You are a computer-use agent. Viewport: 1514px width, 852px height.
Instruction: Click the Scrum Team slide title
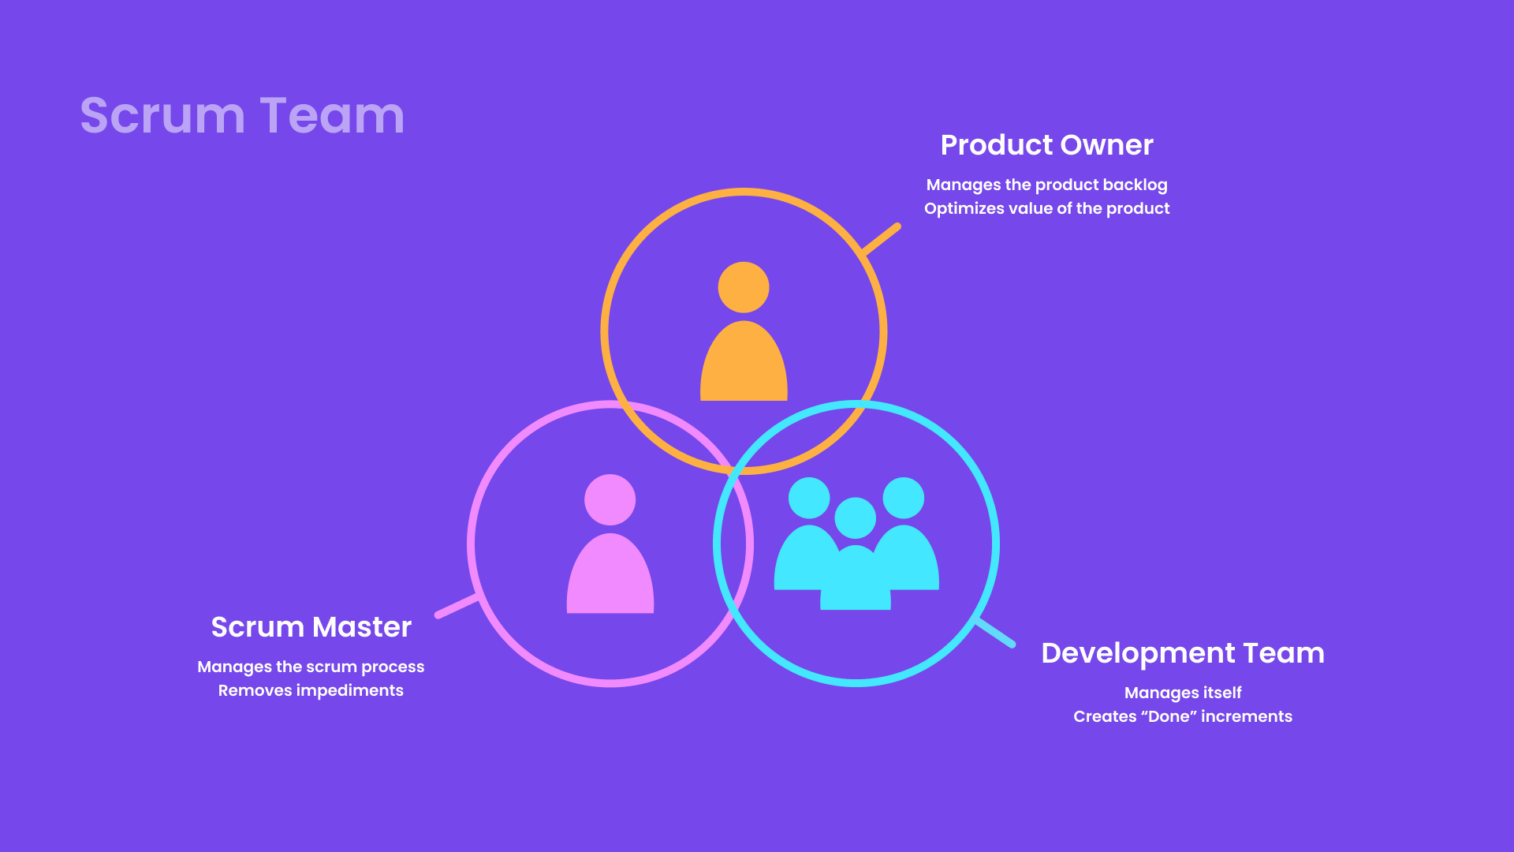pos(242,115)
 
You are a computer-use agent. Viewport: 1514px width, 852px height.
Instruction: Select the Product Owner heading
pos(1047,145)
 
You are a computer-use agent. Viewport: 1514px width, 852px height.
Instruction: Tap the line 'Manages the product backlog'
pos(1047,185)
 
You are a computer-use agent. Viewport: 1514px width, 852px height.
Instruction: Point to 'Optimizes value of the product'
pos(1047,209)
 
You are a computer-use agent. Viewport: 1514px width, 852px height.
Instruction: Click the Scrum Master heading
pos(311,627)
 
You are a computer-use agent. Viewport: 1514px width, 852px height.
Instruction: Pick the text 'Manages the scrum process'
pos(311,667)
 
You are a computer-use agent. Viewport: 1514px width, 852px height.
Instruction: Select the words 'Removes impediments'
pos(311,691)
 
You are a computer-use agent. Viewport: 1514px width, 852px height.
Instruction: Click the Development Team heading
pos(1183,653)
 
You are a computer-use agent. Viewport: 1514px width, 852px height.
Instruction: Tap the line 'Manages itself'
pos(1183,693)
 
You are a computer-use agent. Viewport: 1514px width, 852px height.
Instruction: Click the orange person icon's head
pos(744,287)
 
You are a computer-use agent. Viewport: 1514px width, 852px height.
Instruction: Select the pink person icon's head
pos(610,499)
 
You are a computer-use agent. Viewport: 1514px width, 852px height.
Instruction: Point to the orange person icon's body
pos(744,361)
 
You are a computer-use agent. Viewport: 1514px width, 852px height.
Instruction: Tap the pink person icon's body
pos(610,574)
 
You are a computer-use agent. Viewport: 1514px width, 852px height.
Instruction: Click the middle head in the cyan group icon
pos(856,518)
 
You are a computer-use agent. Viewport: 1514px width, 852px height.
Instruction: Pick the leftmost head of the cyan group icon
pos(809,498)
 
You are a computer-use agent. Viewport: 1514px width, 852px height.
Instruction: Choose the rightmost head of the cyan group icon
pos(904,498)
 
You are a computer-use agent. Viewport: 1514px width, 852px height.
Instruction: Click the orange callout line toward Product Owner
pos(881,240)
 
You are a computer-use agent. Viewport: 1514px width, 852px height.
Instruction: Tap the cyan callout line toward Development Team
pos(996,633)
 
